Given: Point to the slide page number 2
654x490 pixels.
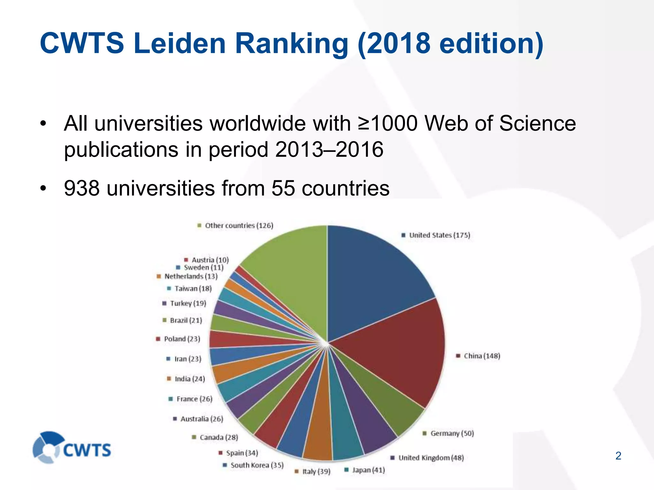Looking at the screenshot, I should point(618,456).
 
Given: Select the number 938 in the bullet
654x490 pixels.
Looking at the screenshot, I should point(82,188).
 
